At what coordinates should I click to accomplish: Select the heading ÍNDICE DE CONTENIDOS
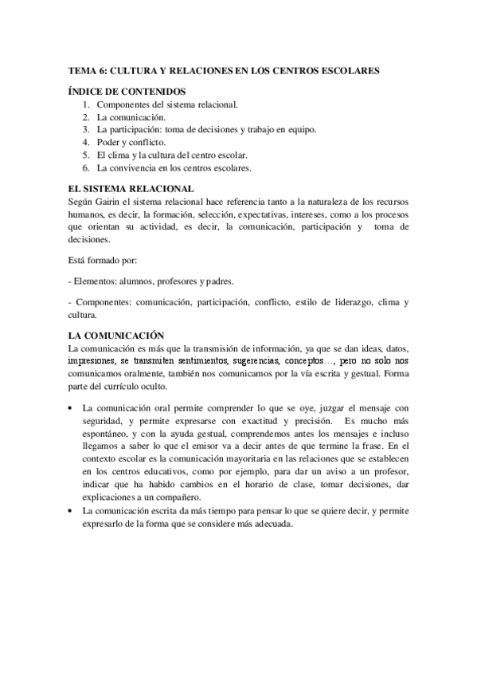[x=127, y=92]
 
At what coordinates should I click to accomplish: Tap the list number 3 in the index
[x=85, y=130]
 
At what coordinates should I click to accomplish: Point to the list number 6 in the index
[x=85, y=168]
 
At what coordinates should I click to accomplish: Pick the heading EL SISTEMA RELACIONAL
[x=131, y=189]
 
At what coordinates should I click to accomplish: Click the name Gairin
[x=113, y=202]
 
